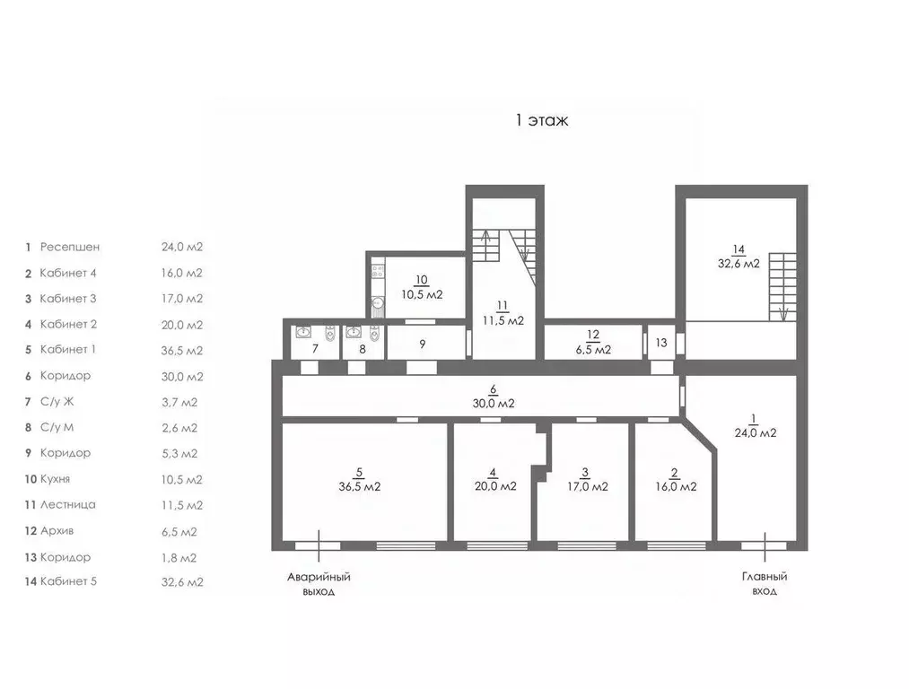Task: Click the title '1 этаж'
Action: pyautogui.click(x=541, y=120)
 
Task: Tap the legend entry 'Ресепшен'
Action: pyautogui.click(x=70, y=247)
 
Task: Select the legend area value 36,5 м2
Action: pyautogui.click(x=182, y=351)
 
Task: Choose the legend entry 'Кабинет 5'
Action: pyautogui.click(x=68, y=581)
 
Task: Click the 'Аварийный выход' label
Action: pyautogui.click(x=318, y=584)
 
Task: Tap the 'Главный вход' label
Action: pyautogui.click(x=765, y=584)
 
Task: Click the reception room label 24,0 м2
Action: pyautogui.click(x=754, y=425)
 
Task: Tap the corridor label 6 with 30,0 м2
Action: pyautogui.click(x=493, y=397)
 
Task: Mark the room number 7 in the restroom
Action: pyautogui.click(x=315, y=349)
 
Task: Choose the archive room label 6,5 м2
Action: pyautogui.click(x=593, y=343)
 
